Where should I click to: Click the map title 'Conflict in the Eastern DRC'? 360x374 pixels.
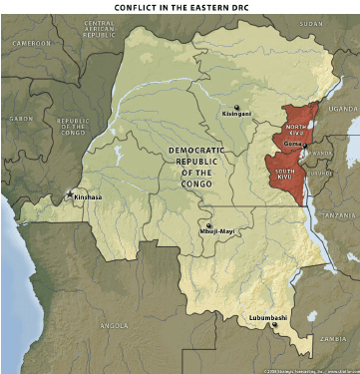(180, 9)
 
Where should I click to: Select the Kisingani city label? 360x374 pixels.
(237, 115)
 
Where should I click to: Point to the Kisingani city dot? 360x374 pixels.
(236, 107)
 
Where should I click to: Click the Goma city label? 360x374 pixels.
(293, 144)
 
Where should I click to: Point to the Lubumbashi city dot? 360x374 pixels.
(275, 325)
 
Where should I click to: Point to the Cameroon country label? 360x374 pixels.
(31, 44)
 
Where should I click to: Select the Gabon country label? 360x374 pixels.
(20, 118)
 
